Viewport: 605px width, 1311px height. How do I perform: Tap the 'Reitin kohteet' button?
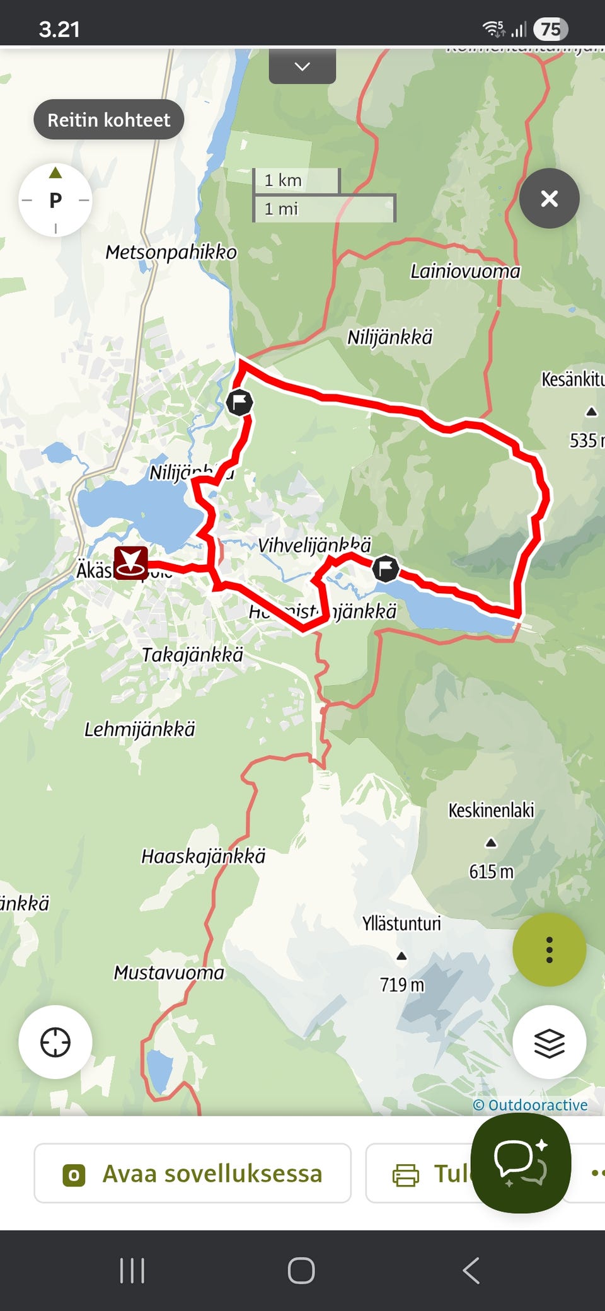(108, 120)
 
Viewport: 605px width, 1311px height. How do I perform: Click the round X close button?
(549, 199)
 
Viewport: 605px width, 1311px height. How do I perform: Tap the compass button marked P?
(55, 200)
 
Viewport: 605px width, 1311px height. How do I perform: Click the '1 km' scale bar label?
(283, 180)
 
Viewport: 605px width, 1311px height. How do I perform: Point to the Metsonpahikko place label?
(171, 252)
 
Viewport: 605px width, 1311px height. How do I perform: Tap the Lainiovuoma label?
(465, 272)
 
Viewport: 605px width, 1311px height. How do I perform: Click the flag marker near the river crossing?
(239, 402)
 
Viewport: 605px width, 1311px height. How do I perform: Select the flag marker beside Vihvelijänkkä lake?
(385, 569)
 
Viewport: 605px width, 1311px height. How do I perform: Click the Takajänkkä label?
(192, 655)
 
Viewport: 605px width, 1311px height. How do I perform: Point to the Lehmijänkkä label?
(140, 729)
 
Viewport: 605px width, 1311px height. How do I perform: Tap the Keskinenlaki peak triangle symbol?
(491, 843)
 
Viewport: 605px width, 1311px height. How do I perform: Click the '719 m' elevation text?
(401, 985)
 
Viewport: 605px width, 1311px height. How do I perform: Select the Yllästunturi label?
(401, 924)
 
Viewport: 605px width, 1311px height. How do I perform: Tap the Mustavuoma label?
(169, 973)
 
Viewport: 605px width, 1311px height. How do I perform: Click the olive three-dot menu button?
(549, 949)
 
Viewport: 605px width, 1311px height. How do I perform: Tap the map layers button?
(549, 1042)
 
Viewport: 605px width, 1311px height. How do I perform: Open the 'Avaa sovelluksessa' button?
(192, 1174)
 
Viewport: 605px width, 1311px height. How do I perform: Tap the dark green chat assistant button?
(521, 1163)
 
